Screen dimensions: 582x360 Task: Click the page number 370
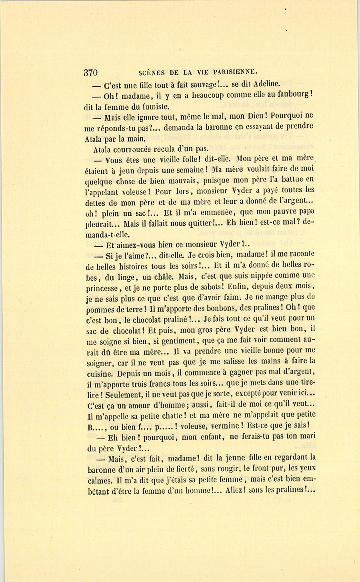[x=90, y=72]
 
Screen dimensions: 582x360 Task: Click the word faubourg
[x=293, y=95]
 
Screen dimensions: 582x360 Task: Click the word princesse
[x=102, y=287]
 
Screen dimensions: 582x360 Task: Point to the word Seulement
[x=125, y=394]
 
